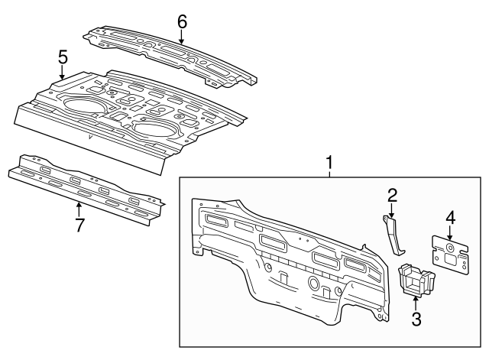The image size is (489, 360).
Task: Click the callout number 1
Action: [330, 162]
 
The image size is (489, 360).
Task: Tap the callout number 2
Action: [392, 196]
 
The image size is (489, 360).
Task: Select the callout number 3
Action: [416, 319]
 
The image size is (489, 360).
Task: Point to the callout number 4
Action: [451, 218]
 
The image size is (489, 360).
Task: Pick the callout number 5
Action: [63, 57]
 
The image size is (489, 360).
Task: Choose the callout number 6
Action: [182, 21]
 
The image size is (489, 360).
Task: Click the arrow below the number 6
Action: [182, 37]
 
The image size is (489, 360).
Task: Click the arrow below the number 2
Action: [392, 212]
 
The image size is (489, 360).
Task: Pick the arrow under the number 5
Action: [63, 73]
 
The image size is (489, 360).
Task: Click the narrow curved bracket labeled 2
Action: [394, 235]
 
